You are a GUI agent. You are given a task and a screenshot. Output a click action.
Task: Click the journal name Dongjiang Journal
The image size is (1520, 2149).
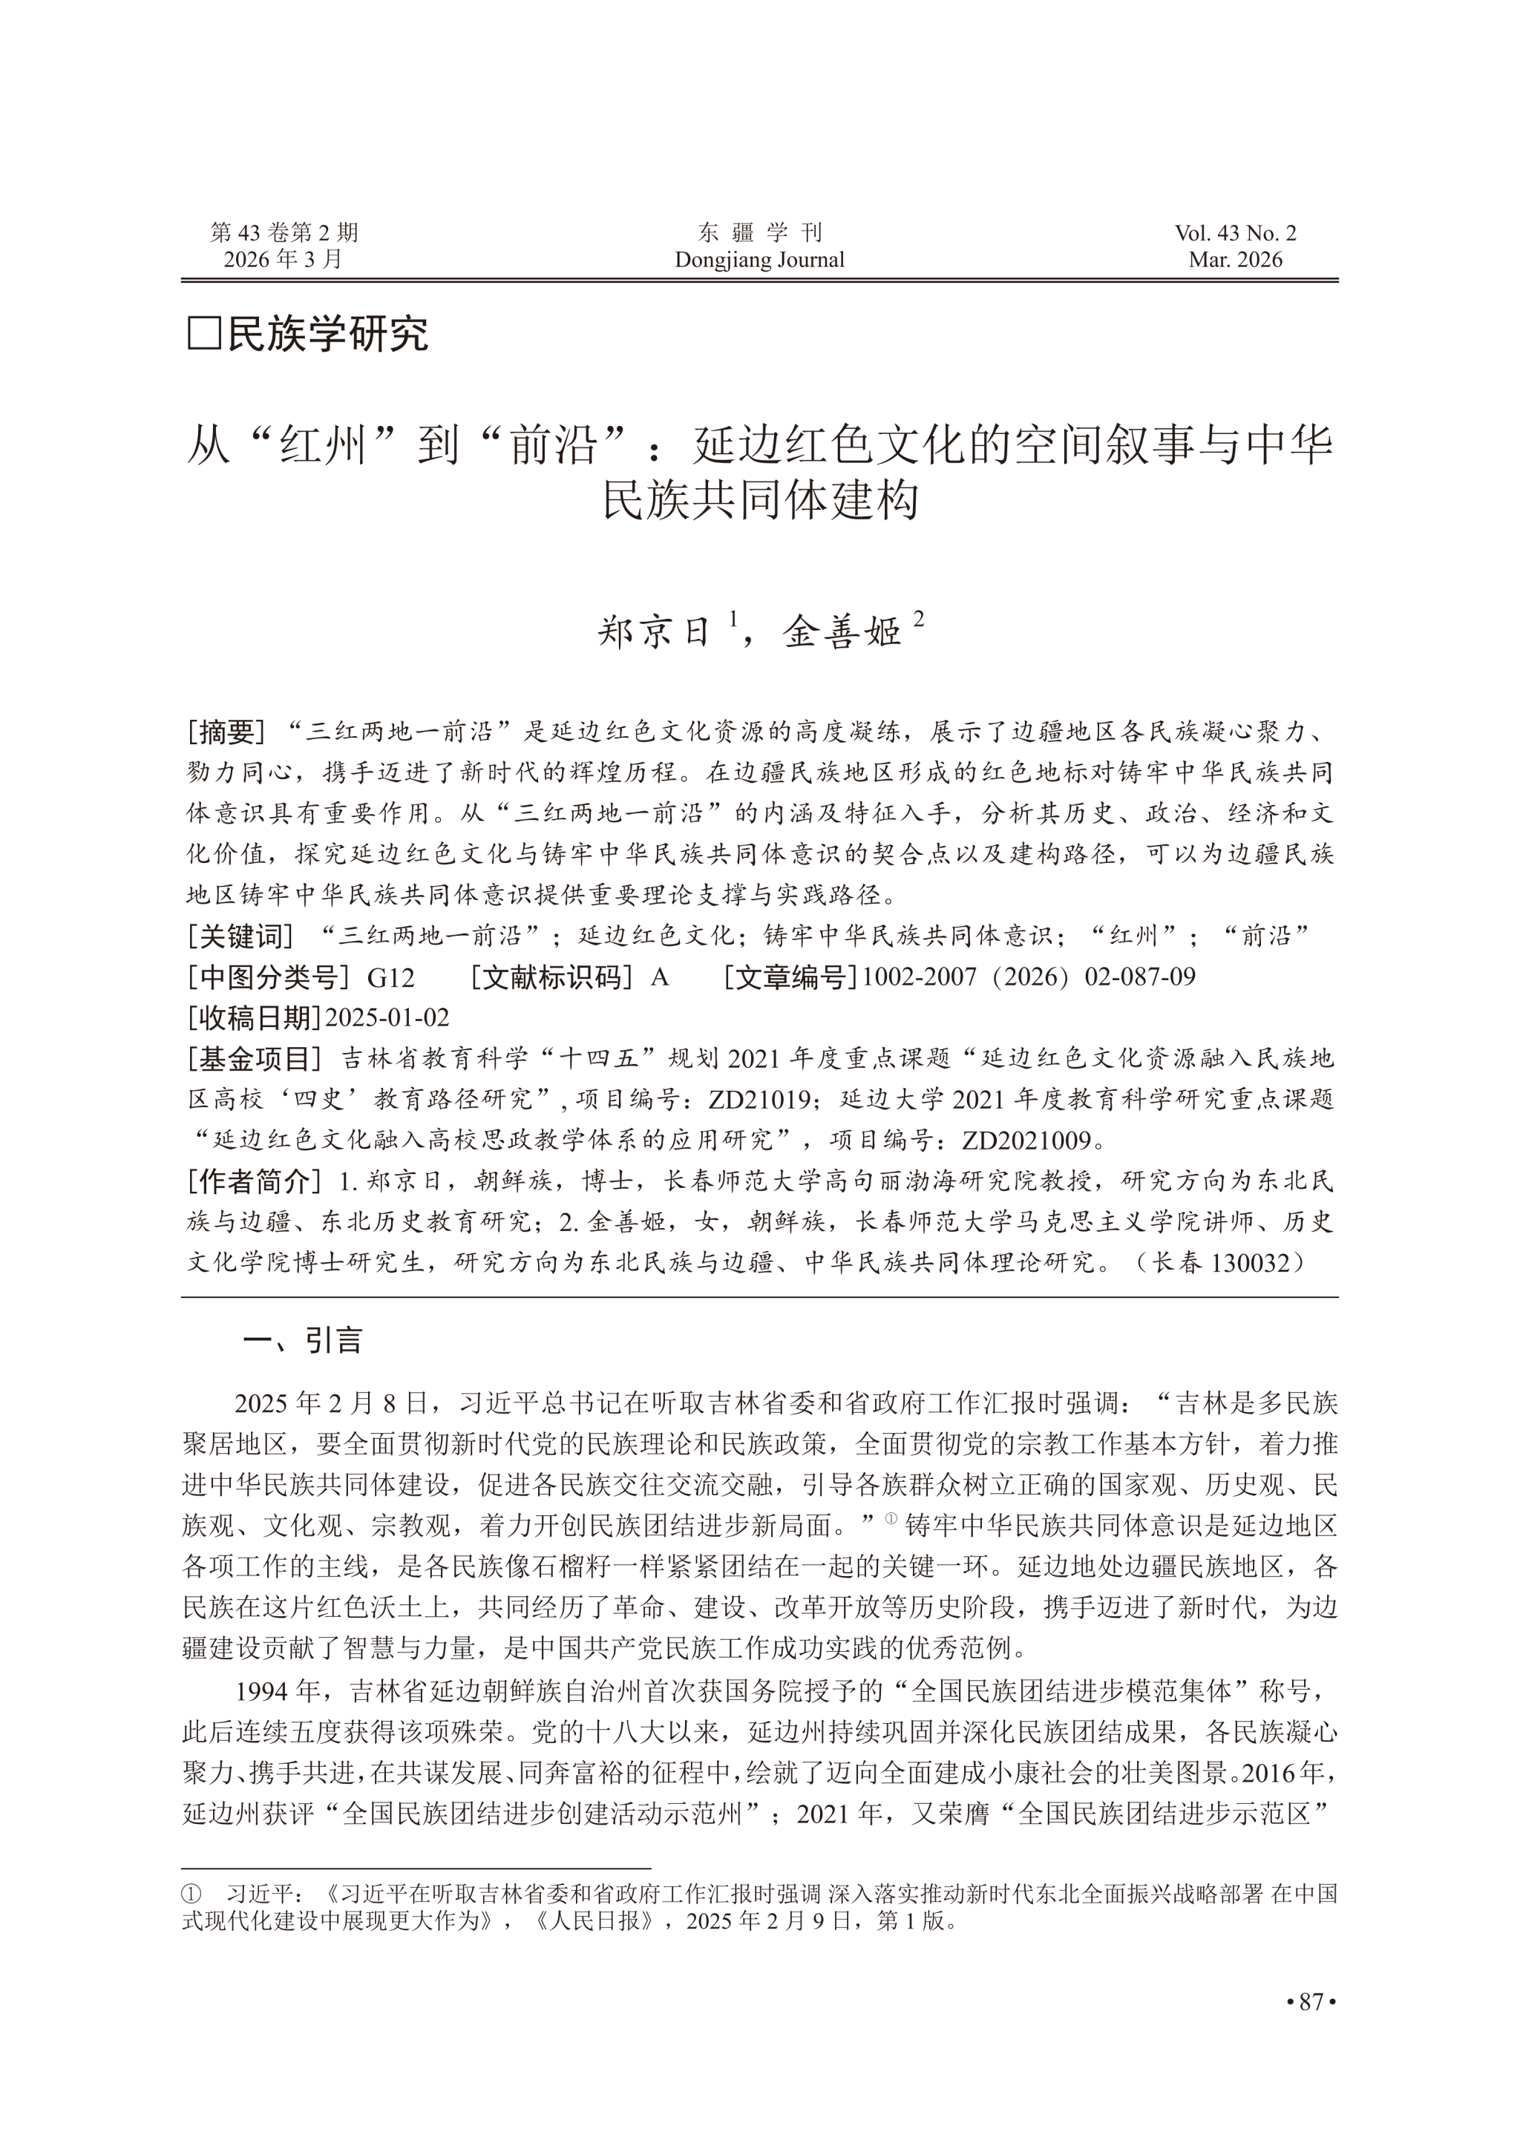[x=759, y=260]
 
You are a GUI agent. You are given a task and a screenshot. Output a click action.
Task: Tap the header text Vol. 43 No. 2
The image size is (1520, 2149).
[x=1236, y=233]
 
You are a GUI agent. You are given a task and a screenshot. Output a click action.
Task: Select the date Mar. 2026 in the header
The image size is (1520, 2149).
[x=1236, y=260]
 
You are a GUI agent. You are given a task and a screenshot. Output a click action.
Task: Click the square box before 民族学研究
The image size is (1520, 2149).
[x=203, y=333]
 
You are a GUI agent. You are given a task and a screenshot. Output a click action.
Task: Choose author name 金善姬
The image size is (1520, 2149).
[x=842, y=634]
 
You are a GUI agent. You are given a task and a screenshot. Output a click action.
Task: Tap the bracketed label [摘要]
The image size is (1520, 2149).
[x=227, y=731]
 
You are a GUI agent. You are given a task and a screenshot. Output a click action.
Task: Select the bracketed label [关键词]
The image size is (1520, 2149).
[x=240, y=935]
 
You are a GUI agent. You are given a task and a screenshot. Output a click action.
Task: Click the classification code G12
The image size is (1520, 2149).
[x=390, y=977]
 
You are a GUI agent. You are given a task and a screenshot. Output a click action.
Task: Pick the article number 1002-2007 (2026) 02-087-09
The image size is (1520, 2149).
[x=1028, y=977]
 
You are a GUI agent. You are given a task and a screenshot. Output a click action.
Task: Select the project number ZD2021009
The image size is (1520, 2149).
[x=1026, y=1140]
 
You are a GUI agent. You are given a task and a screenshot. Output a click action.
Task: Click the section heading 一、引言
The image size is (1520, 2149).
[x=302, y=1341]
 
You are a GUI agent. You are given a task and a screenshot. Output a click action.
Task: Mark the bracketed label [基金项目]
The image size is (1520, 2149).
[x=255, y=1059]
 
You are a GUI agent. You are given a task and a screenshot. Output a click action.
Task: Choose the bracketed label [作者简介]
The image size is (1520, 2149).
[x=255, y=1181]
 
